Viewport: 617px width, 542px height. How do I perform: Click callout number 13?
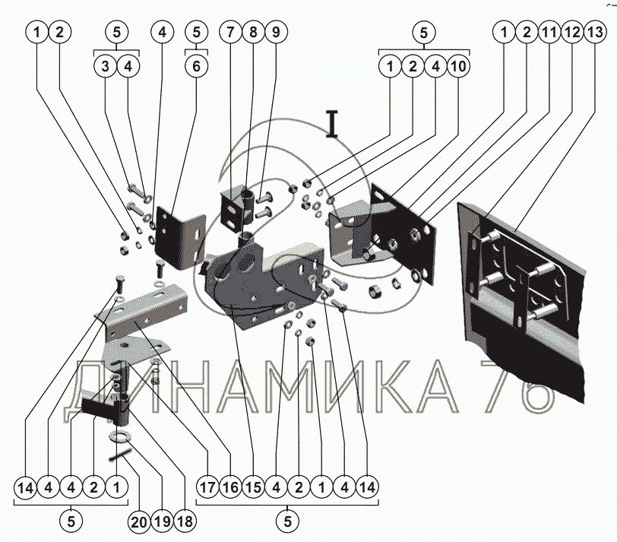(x=594, y=32)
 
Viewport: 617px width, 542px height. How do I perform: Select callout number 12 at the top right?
(x=571, y=32)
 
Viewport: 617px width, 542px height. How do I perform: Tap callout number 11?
(x=549, y=32)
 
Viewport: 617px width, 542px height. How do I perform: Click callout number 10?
(x=458, y=66)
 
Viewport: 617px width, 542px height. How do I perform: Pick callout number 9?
(x=276, y=32)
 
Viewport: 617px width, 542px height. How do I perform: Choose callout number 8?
(x=253, y=32)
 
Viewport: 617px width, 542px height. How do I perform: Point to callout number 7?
(x=230, y=32)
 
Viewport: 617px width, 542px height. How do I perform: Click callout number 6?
(x=196, y=66)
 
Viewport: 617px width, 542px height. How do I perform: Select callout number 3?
(x=105, y=66)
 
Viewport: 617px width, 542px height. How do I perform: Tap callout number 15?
(x=254, y=487)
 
